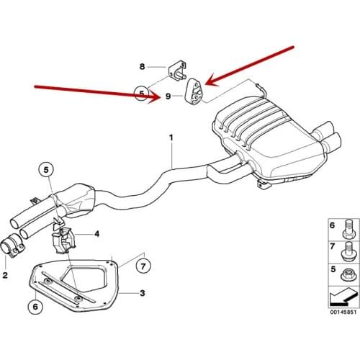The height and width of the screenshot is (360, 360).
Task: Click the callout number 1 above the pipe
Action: tap(171, 138)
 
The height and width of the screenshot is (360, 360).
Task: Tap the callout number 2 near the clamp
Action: tap(5, 275)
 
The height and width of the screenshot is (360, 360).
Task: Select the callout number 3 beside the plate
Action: tap(143, 293)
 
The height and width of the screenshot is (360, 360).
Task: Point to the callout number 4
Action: tap(96, 233)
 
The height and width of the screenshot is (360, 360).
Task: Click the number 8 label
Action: tap(143, 66)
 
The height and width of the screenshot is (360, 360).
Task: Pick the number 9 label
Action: tap(168, 96)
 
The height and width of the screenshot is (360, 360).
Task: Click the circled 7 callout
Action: tap(143, 266)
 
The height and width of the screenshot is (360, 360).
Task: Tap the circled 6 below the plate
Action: tap(35, 307)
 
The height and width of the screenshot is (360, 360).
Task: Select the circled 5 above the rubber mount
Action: tap(46, 170)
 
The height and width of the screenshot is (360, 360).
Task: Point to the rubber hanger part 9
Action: tap(194, 92)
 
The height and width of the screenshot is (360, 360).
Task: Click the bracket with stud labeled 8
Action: tap(178, 71)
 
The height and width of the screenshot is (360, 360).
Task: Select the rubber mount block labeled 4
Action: tap(63, 240)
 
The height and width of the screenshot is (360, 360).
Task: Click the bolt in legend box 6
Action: tap(348, 230)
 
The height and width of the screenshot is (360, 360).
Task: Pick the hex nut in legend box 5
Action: tap(348, 274)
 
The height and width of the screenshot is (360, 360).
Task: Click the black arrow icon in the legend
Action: tap(343, 297)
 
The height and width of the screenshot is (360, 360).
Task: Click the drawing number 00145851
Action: tap(343, 312)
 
